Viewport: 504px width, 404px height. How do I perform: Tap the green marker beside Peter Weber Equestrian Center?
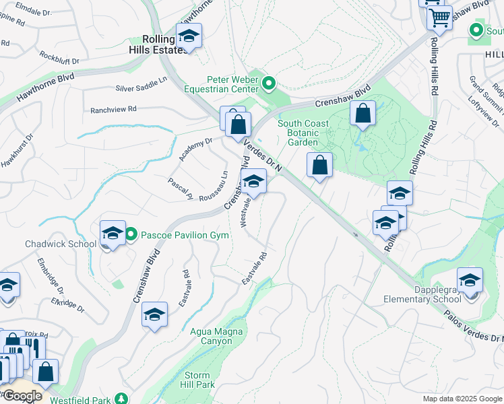pos(269,84)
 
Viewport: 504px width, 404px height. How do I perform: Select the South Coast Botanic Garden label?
pos(303,133)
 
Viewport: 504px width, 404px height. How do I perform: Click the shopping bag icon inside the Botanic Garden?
pos(363,114)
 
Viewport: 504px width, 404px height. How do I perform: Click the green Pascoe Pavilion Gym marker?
pos(131,235)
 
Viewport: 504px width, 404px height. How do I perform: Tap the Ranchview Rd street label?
pos(113,108)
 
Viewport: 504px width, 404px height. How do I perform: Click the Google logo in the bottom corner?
pos(22,396)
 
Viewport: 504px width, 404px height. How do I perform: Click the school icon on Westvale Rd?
pos(253,181)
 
